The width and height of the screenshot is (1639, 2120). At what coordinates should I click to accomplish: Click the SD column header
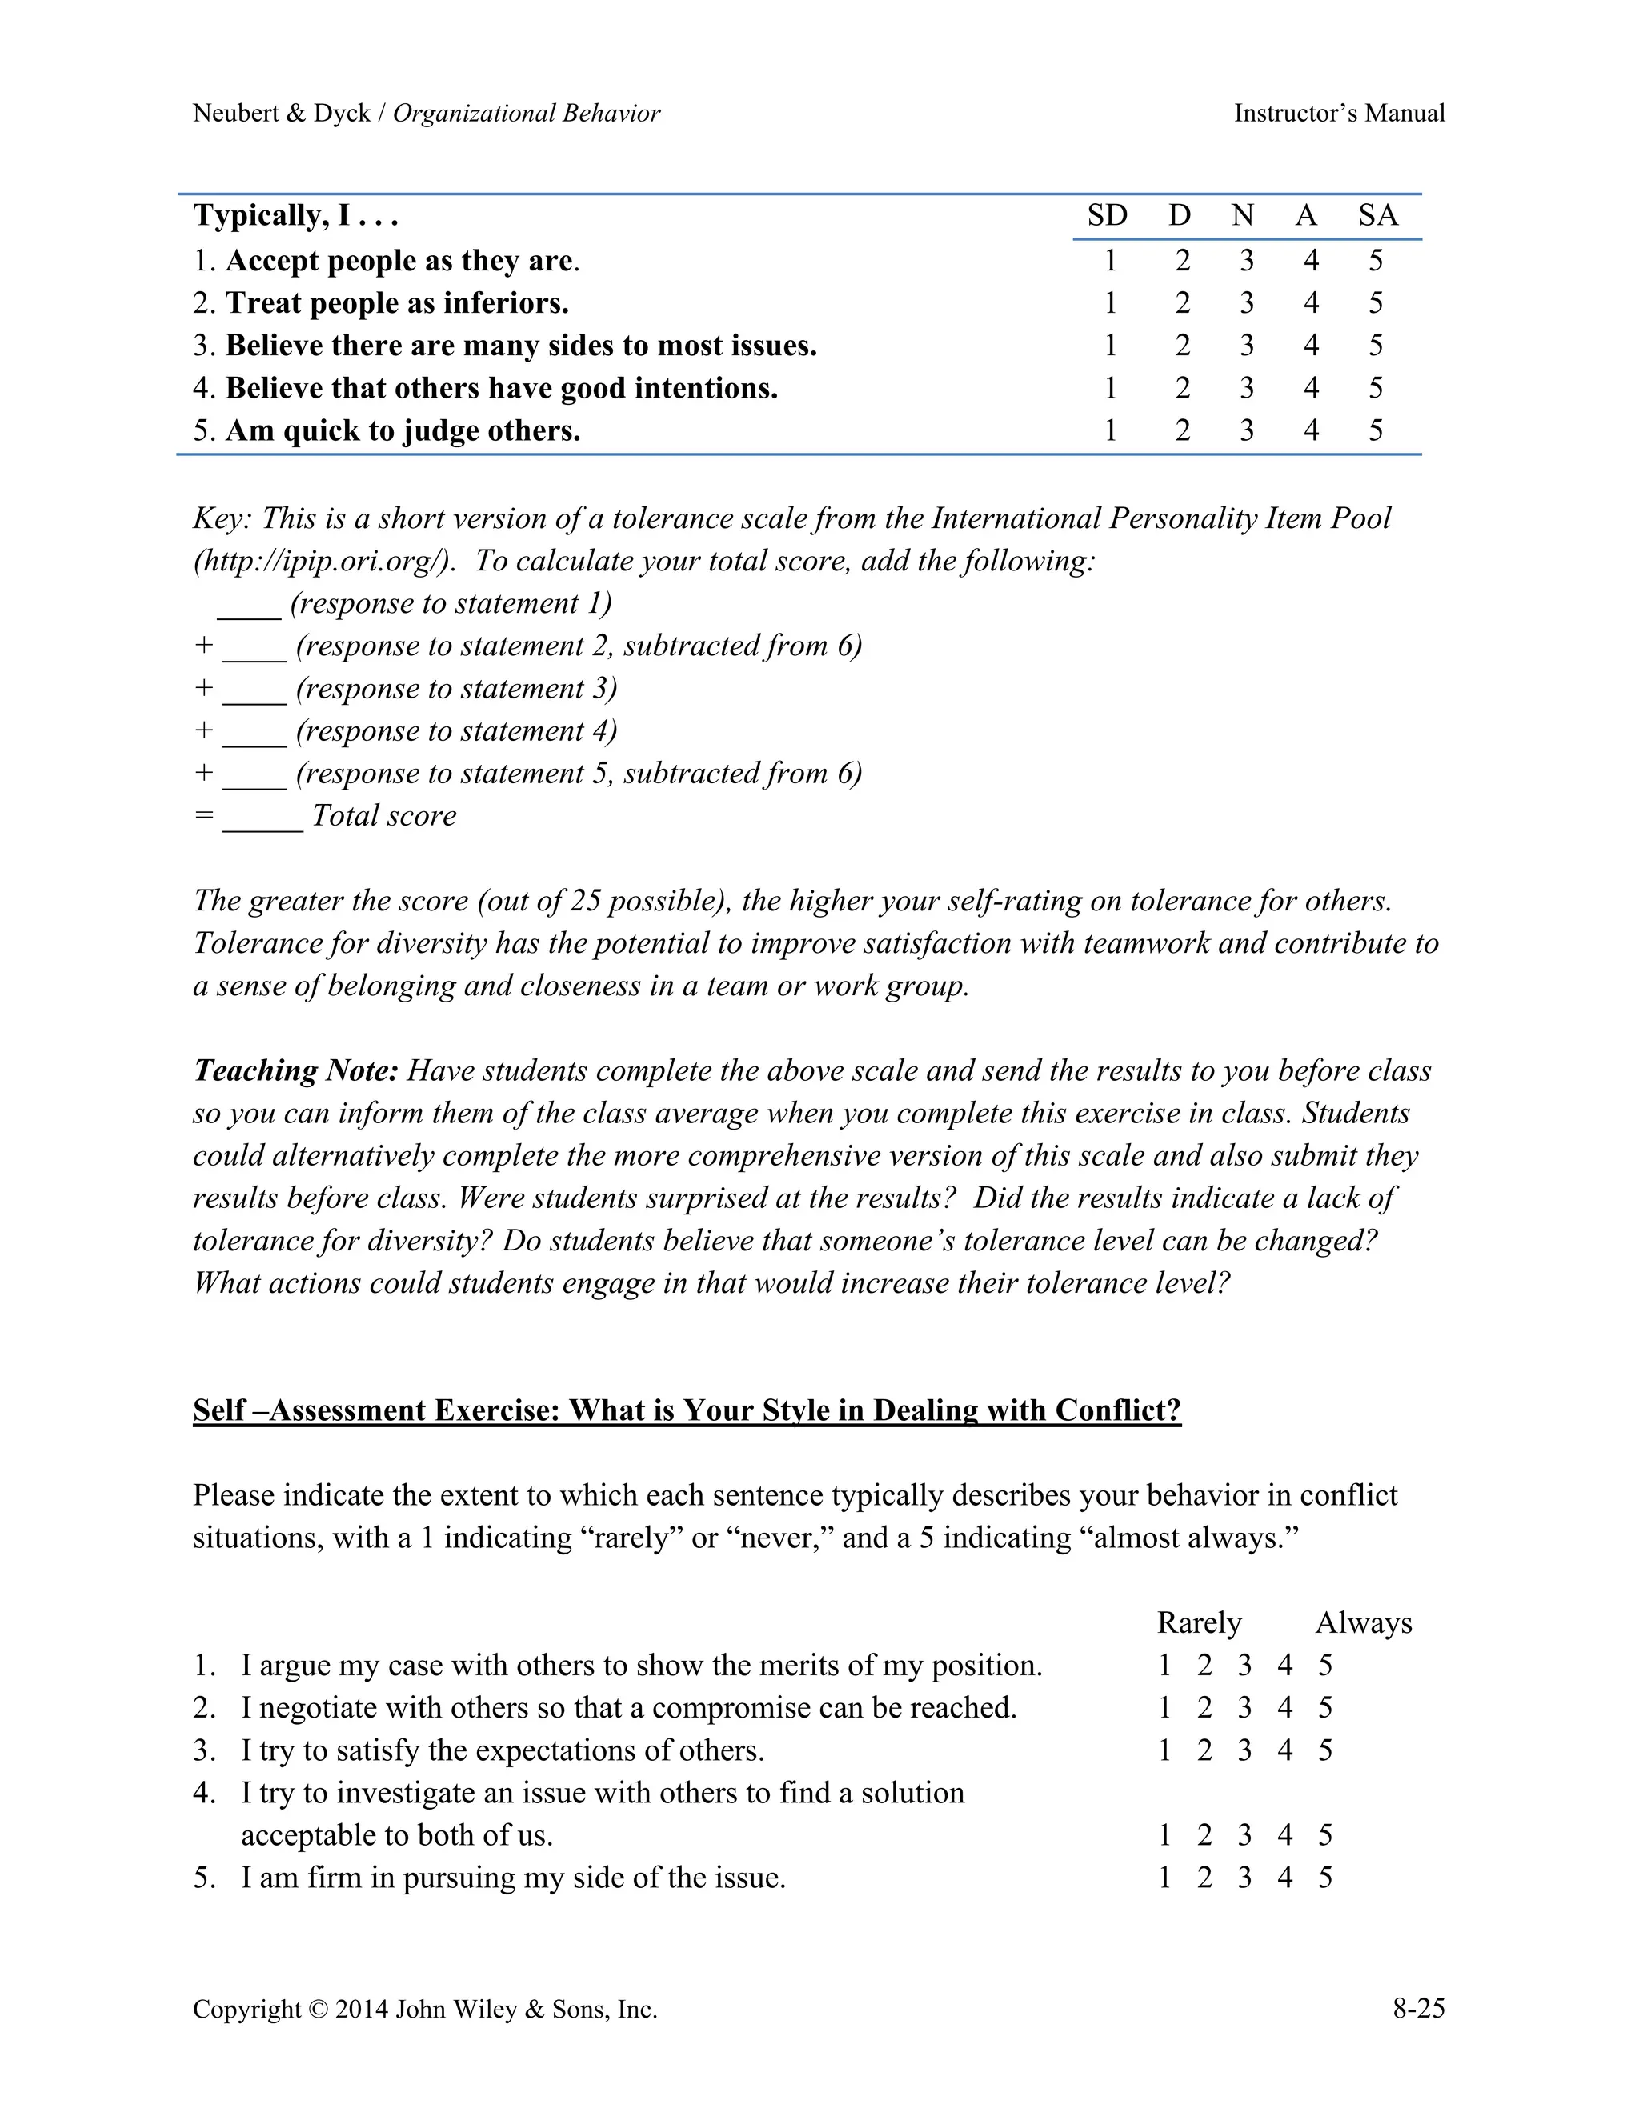pyautogui.click(x=1107, y=215)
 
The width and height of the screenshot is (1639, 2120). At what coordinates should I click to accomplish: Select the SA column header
pyautogui.click(x=1377, y=215)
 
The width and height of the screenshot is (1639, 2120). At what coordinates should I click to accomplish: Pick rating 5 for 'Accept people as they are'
pyautogui.click(x=1375, y=261)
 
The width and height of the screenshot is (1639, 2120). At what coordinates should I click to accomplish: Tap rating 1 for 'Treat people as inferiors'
pyautogui.click(x=1110, y=304)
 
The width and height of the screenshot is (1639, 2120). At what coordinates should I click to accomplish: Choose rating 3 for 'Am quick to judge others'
pyautogui.click(x=1246, y=431)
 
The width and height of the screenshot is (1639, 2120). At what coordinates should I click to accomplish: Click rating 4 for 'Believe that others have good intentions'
pyautogui.click(x=1311, y=388)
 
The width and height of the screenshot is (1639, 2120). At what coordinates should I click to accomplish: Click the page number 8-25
pyautogui.click(x=1417, y=2008)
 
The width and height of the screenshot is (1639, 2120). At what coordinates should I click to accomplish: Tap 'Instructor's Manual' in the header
pyautogui.click(x=1339, y=114)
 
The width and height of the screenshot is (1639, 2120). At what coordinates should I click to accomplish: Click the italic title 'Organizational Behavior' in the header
pyautogui.click(x=527, y=114)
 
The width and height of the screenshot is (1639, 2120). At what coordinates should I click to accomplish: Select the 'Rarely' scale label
pyautogui.click(x=1199, y=1623)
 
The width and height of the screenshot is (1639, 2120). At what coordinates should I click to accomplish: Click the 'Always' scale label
pyautogui.click(x=1363, y=1623)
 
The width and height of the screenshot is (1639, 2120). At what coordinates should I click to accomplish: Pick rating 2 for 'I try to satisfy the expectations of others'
pyautogui.click(x=1204, y=1751)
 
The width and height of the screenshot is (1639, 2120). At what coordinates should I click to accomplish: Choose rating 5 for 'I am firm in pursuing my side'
pyautogui.click(x=1325, y=1878)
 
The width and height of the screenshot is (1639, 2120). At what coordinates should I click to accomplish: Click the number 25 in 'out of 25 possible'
pyautogui.click(x=587, y=902)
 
